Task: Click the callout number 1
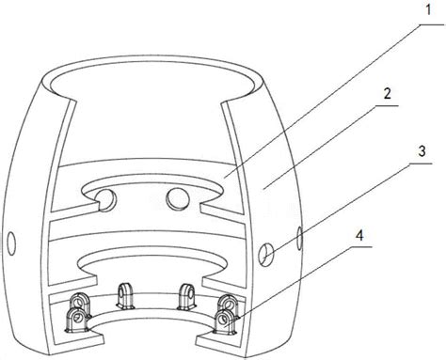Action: point(428,9)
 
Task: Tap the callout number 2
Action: point(388,94)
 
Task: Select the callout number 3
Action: point(422,151)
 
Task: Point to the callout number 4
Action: point(359,235)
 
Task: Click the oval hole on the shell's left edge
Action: point(11,243)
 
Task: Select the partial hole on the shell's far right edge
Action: point(299,238)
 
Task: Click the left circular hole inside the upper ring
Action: point(106,200)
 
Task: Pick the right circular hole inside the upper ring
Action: point(178,198)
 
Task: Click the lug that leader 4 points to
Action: point(225,321)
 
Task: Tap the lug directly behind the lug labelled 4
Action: point(229,304)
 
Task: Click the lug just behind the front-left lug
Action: point(80,303)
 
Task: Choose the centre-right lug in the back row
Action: point(187,296)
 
